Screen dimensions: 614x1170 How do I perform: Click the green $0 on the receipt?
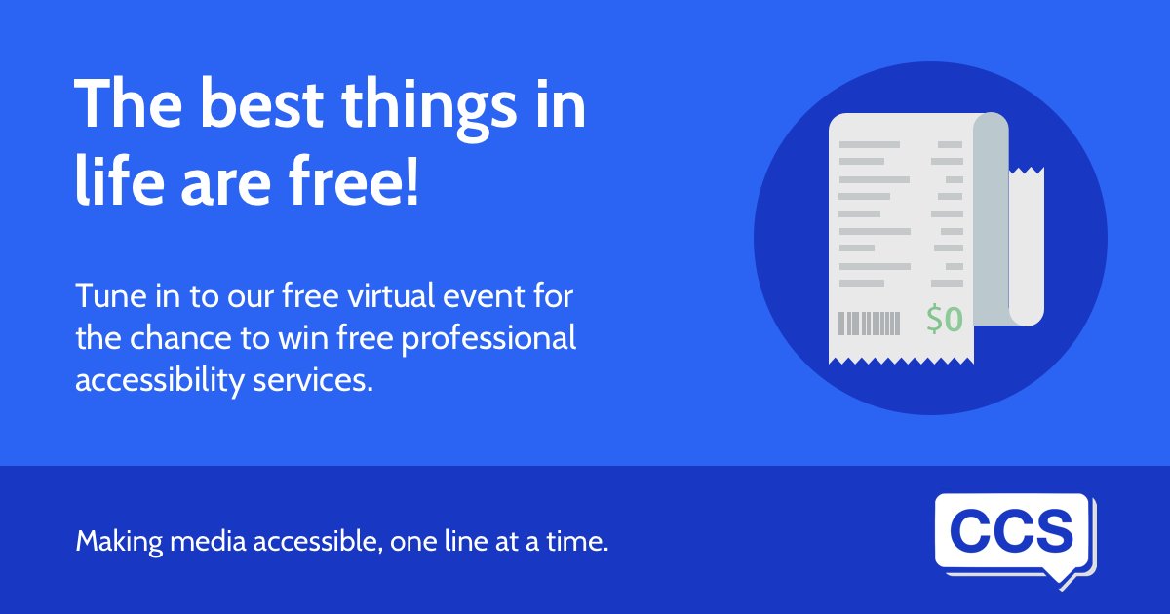coord(945,320)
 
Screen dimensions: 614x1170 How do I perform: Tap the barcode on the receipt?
coord(870,323)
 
